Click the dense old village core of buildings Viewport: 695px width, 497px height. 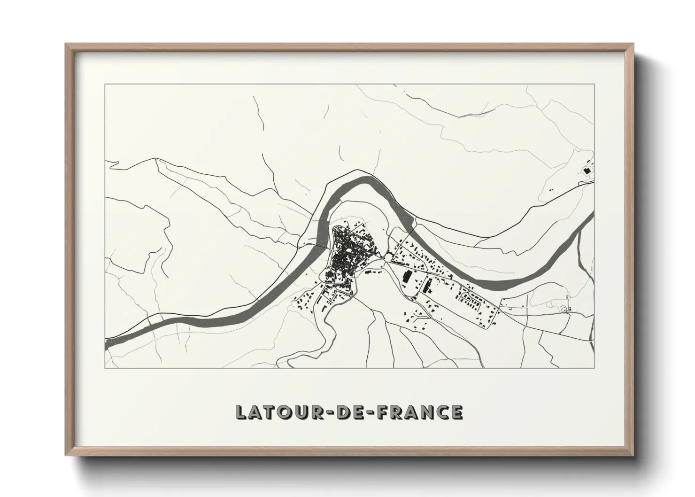tap(347, 256)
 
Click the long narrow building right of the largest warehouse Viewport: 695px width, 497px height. tap(428, 285)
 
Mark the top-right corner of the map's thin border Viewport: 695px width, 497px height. tap(595, 84)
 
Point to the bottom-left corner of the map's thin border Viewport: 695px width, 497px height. tap(105, 368)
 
